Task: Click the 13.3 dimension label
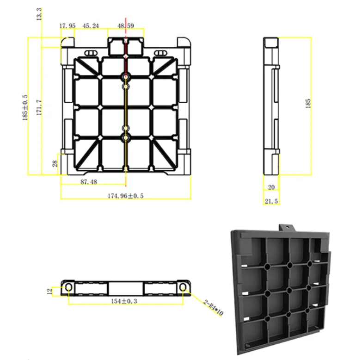[40, 13]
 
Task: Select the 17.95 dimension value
[67, 26]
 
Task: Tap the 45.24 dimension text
[91, 26]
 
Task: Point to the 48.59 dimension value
[126, 26]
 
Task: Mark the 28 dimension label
[55, 163]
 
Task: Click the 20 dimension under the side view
[271, 187]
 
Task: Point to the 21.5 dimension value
[271, 202]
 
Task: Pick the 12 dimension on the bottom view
[49, 291]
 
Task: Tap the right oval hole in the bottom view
[183, 288]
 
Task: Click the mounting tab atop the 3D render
[287, 228]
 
